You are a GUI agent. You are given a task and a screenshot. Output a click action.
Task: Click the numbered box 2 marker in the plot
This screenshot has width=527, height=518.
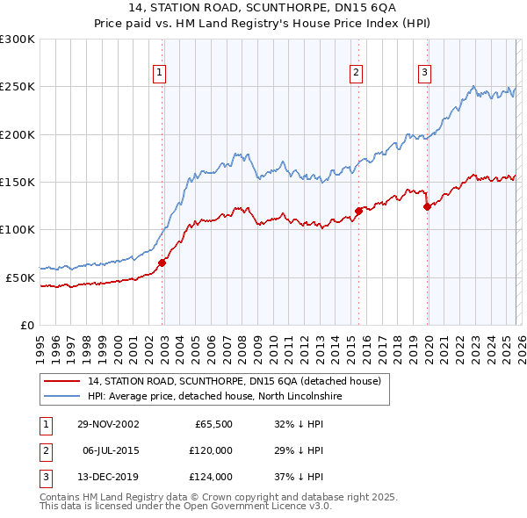(357, 73)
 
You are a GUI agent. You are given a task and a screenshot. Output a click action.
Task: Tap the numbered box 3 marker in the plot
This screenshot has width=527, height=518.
(424, 73)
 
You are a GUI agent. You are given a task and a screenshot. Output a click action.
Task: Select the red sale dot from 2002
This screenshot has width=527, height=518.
(162, 263)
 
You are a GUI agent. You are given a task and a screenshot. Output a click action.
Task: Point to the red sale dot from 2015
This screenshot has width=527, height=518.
(358, 211)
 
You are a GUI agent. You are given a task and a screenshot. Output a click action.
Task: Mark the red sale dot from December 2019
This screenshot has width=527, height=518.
(427, 207)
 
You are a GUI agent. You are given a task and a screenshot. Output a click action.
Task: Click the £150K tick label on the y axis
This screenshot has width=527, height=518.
(17, 182)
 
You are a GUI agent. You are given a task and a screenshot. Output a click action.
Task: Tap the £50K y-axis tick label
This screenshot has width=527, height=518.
(20, 277)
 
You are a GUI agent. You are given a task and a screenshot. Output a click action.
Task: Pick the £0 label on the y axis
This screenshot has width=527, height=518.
(28, 325)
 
